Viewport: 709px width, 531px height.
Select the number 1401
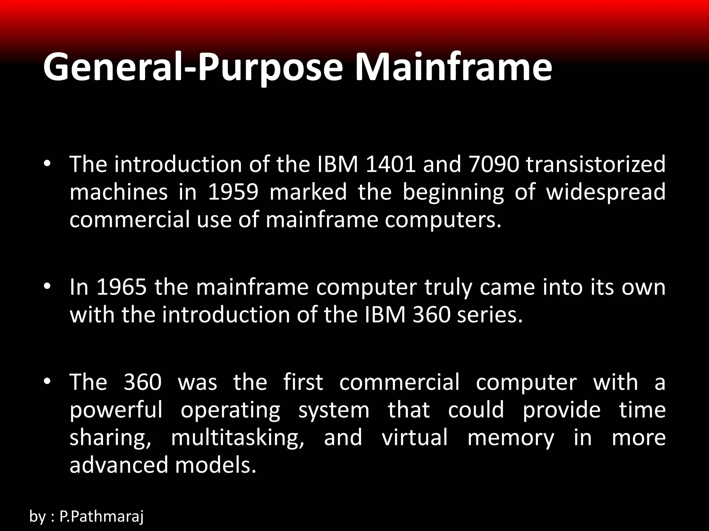[390, 164]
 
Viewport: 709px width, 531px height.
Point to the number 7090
[494, 164]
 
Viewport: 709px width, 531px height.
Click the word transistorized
[595, 164]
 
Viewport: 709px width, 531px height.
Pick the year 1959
[233, 192]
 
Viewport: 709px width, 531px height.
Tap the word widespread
[605, 192]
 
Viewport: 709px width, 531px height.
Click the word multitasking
[237, 438]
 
